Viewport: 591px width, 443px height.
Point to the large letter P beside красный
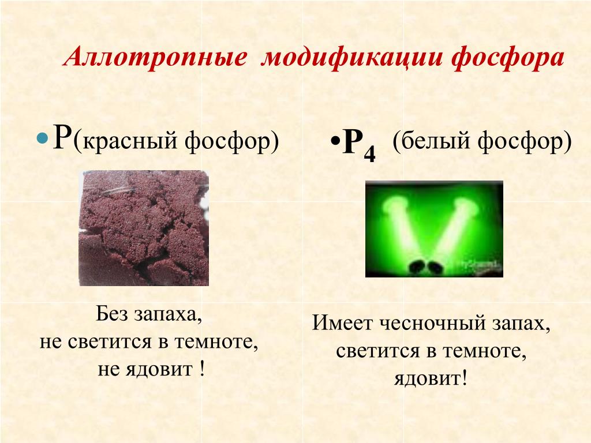pyautogui.click(x=62, y=137)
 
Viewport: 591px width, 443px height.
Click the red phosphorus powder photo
pyautogui.click(x=144, y=228)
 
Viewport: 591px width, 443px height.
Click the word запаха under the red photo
pyautogui.click(x=169, y=314)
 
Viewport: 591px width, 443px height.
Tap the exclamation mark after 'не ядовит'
pyautogui.click(x=203, y=369)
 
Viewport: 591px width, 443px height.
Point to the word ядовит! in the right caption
pyautogui.click(x=431, y=378)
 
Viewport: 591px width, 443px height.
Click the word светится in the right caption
pyautogui.click(x=377, y=351)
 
